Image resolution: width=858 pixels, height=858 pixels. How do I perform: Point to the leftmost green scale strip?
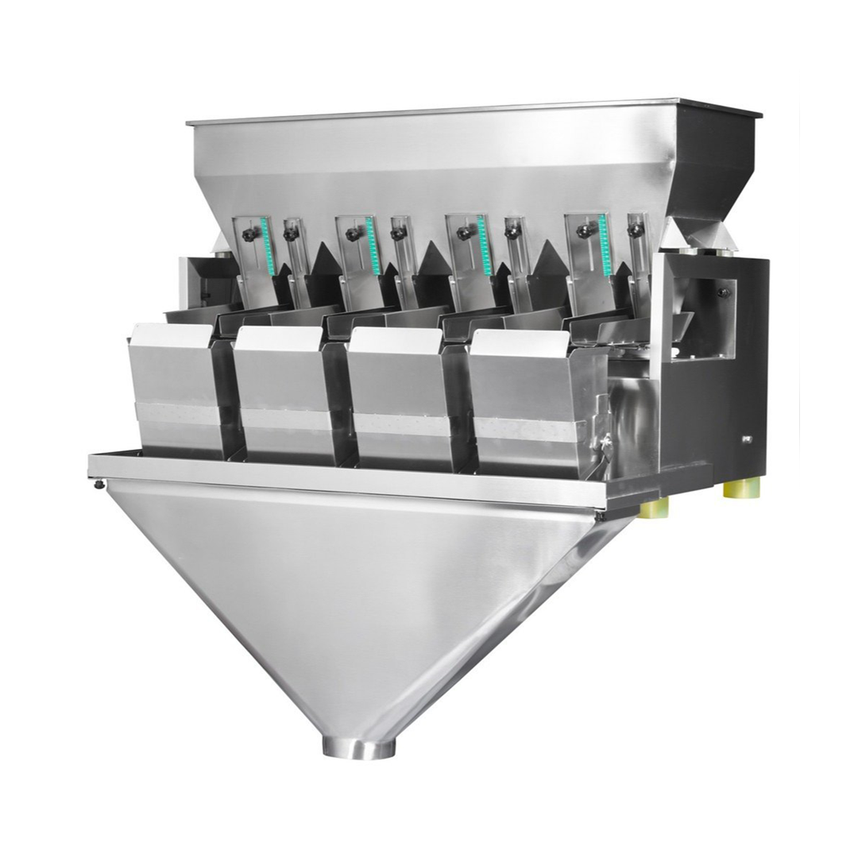[x=266, y=246]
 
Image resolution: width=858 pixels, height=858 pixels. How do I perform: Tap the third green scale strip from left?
[x=482, y=245]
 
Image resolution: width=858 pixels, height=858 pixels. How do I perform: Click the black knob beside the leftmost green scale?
[x=249, y=235]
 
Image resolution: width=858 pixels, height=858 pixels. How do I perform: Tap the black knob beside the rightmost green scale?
[x=585, y=231]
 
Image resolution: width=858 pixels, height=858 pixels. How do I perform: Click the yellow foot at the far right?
[x=740, y=487]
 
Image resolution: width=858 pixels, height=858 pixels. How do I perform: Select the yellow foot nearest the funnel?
[x=653, y=507]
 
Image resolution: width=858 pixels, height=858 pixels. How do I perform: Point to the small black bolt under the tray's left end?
[x=99, y=484]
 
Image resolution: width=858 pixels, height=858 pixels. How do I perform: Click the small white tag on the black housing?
[x=746, y=438]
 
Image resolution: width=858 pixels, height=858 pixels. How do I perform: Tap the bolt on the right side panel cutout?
[x=724, y=292]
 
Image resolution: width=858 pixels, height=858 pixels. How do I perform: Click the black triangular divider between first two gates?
[x=324, y=259]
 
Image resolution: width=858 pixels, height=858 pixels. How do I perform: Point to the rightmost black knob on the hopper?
[x=635, y=229]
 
